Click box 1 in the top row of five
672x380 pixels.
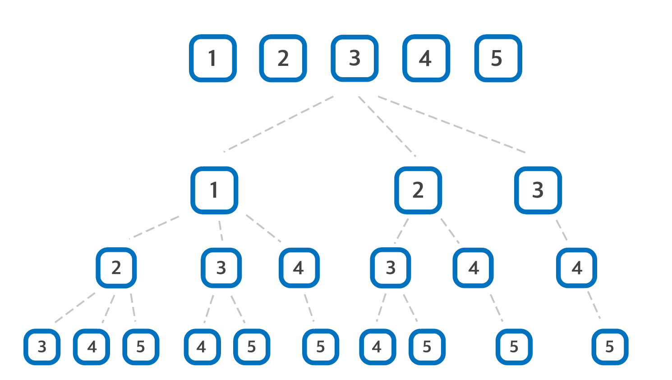coord(213,58)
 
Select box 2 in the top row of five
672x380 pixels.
coord(283,58)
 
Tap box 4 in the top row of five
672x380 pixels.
coord(426,58)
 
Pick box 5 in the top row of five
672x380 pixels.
coord(498,58)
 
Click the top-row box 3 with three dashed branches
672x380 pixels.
coord(354,58)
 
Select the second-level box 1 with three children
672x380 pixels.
coord(214,190)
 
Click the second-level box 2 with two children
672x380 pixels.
coord(418,190)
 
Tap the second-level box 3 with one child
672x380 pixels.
coord(538,190)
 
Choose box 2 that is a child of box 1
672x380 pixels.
coord(116,268)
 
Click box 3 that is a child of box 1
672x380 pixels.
coord(221,268)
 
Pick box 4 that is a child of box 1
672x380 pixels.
coord(299,268)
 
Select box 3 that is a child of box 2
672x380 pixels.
coord(391,268)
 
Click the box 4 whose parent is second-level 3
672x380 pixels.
coord(576,268)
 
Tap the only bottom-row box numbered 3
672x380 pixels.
coord(42,347)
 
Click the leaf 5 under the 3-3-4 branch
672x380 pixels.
coord(610,347)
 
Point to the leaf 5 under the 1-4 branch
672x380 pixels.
coord(320,347)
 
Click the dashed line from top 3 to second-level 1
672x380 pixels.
coord(279,123)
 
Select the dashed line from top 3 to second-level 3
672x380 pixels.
coord(451,125)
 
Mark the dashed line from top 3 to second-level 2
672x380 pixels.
coord(387,126)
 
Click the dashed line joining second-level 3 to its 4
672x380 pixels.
coord(562,230)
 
